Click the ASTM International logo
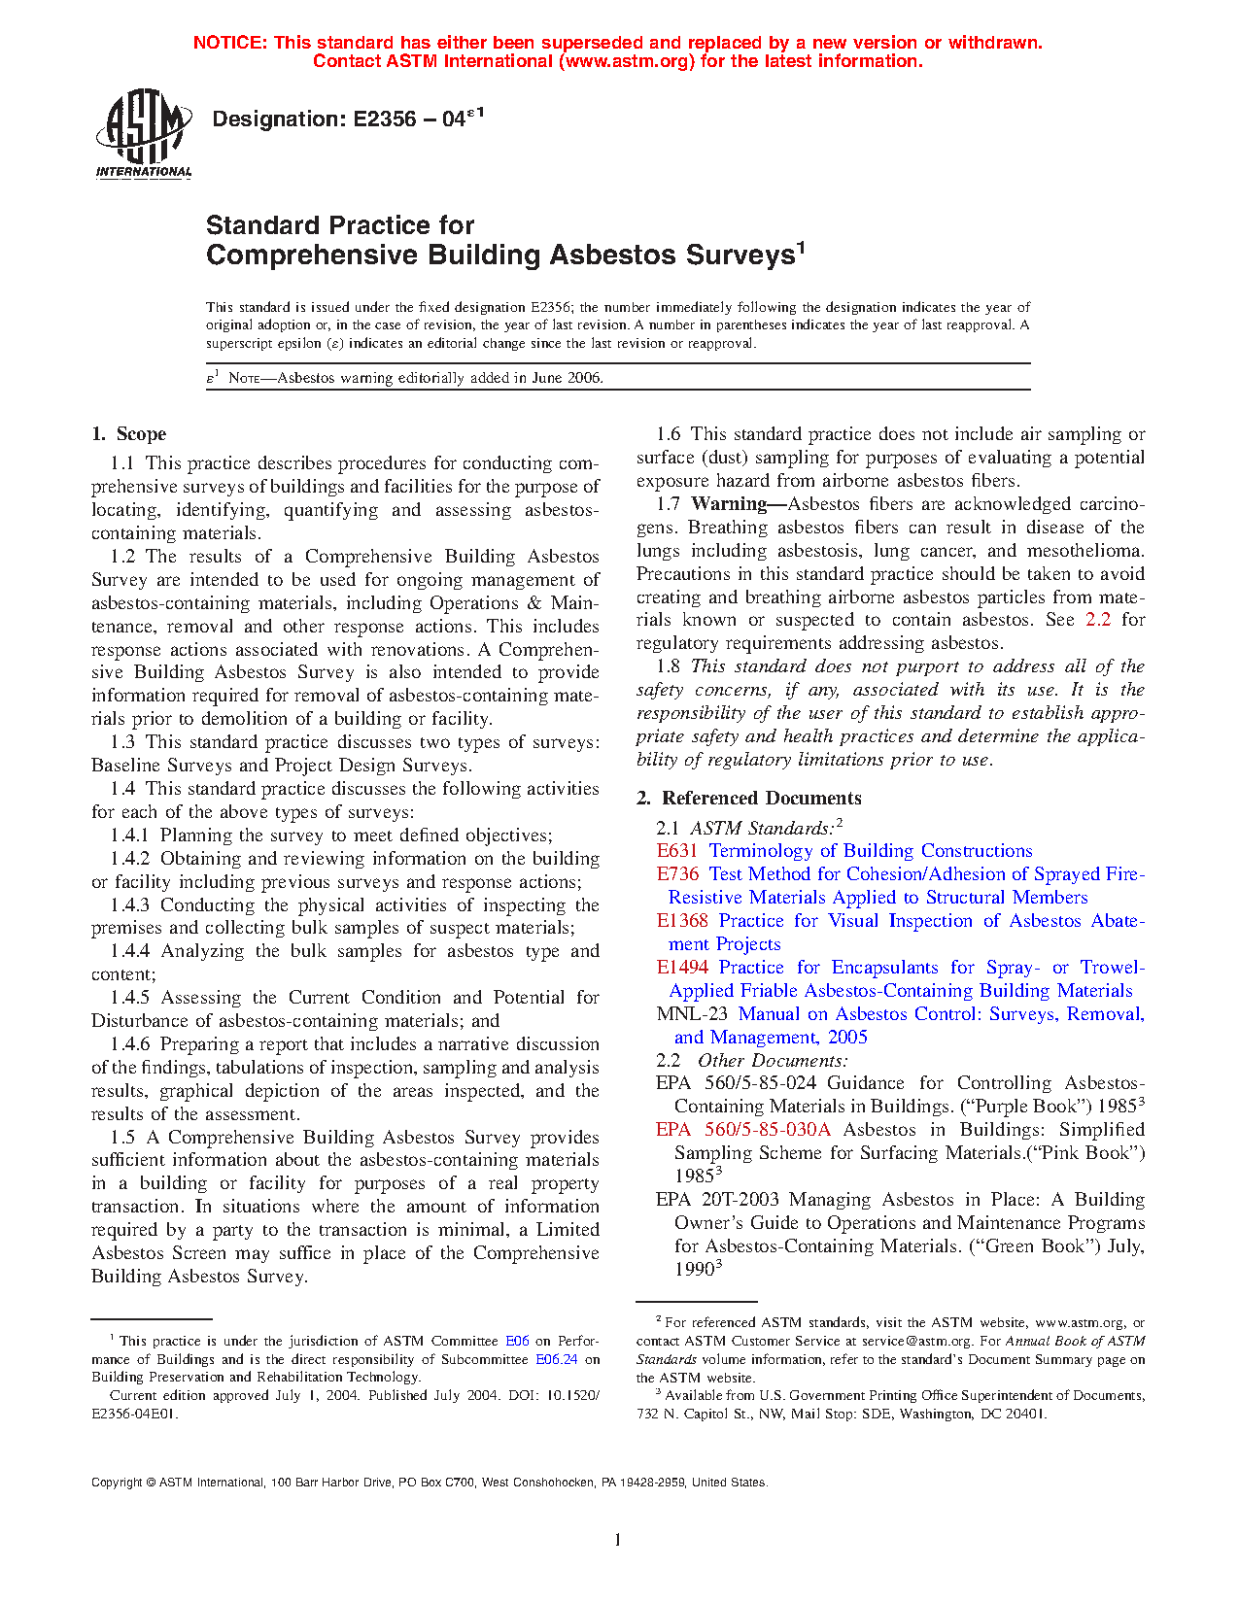tap(143, 133)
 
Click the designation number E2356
tap(388, 119)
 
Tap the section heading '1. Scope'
tap(128, 434)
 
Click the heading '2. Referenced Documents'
tap(749, 799)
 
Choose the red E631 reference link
tap(677, 851)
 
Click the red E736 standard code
tap(677, 874)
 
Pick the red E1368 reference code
tap(682, 921)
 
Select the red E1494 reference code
tap(682, 968)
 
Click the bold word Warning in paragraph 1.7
tap(729, 504)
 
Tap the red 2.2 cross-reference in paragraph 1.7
tap(1098, 620)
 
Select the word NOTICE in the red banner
tap(229, 43)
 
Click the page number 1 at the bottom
tap(618, 1540)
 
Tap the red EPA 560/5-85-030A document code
tap(743, 1130)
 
